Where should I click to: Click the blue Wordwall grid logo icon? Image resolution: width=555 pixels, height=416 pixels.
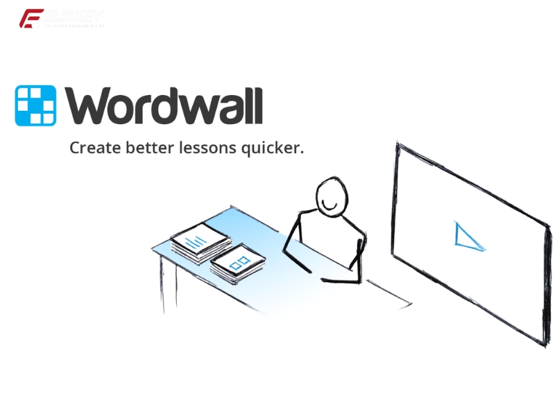[x=35, y=105]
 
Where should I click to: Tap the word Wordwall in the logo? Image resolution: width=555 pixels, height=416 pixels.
[x=164, y=105]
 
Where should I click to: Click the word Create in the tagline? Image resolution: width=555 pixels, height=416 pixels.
[x=93, y=148]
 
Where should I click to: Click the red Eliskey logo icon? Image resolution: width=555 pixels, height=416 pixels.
[x=31, y=19]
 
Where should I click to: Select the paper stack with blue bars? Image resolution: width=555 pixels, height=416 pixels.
[x=200, y=241]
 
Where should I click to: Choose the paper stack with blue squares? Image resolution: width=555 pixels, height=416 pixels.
[x=238, y=264]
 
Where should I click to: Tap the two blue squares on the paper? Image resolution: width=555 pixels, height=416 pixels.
[x=239, y=263]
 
